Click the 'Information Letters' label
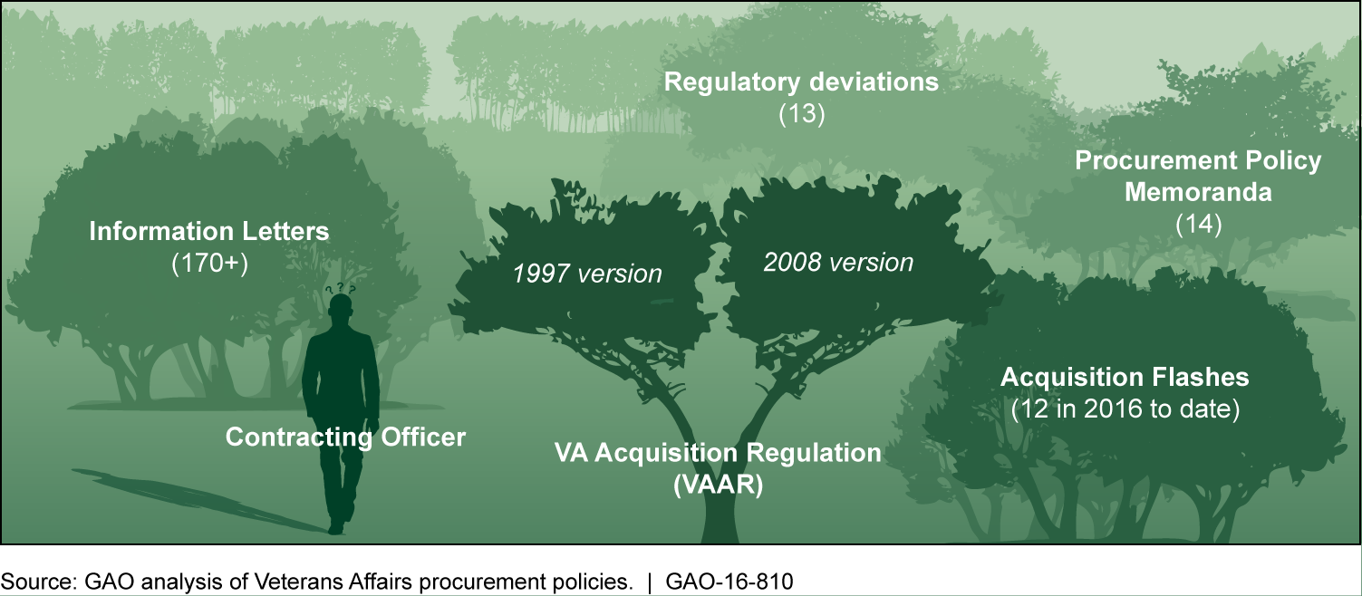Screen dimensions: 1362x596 point(209,232)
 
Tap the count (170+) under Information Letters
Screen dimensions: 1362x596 point(209,264)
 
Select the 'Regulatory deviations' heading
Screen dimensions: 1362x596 point(801,82)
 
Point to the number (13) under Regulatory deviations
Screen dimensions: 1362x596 point(802,114)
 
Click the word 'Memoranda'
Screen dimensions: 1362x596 point(1198,192)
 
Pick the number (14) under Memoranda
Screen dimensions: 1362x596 point(1199,225)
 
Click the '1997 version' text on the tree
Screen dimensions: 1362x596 point(587,274)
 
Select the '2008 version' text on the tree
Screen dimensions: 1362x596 point(838,263)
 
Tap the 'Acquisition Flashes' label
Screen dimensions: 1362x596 point(1125,378)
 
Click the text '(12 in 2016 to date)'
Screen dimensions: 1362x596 point(1125,409)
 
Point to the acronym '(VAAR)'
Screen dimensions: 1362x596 point(718,485)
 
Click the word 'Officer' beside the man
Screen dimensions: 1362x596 point(423,437)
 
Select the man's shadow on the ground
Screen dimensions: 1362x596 point(195,500)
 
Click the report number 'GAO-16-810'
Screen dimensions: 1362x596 point(729,582)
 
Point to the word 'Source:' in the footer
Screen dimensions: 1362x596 point(39,582)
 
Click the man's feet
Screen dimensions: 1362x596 point(337,526)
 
